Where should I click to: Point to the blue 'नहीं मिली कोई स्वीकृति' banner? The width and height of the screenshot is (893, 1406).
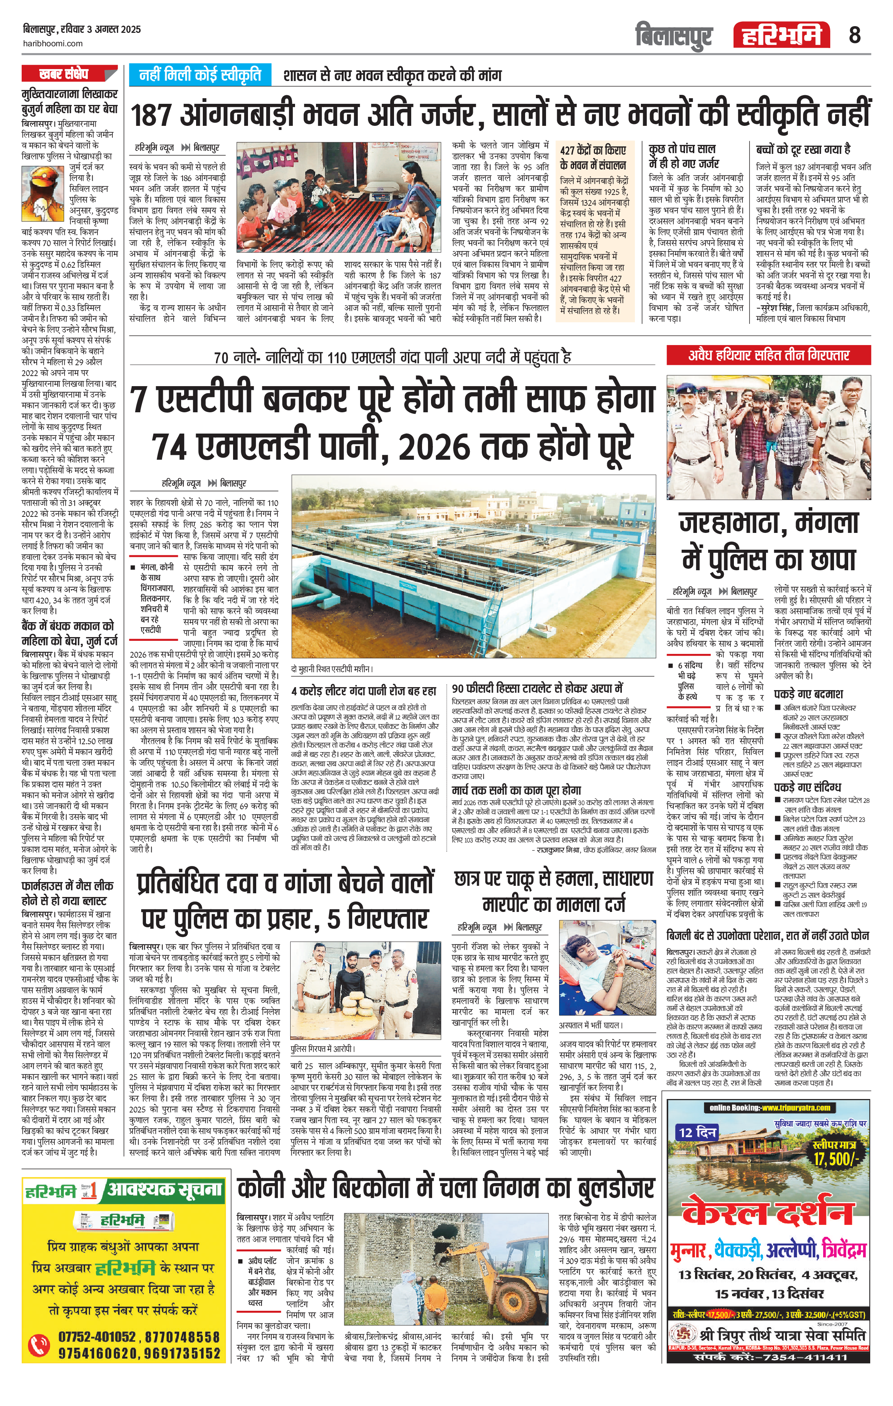pos(200,75)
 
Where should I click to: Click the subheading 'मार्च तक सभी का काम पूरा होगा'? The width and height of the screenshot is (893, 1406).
pos(516,790)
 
